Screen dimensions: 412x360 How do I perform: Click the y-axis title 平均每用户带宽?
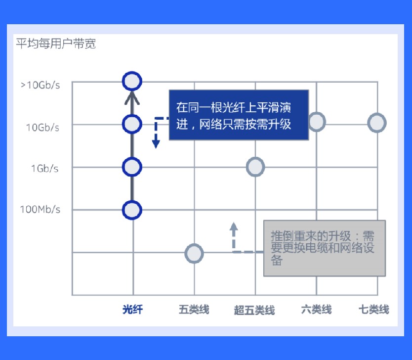(56, 44)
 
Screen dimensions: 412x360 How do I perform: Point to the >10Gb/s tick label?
(40, 85)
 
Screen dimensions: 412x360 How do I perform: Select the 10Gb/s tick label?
(42, 128)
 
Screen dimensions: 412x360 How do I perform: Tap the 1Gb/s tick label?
(44, 169)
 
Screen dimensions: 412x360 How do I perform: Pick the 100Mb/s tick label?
(40, 209)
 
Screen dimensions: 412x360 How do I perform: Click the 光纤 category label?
(133, 309)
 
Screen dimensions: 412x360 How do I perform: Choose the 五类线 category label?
(194, 309)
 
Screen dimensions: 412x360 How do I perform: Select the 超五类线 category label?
(254, 310)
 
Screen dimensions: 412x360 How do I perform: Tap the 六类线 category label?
(316, 309)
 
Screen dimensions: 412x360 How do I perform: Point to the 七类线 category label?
(374, 309)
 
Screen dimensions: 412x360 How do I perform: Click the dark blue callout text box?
(239, 115)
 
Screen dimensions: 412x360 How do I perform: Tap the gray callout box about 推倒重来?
(325, 248)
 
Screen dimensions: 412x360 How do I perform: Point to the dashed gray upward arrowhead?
(234, 226)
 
